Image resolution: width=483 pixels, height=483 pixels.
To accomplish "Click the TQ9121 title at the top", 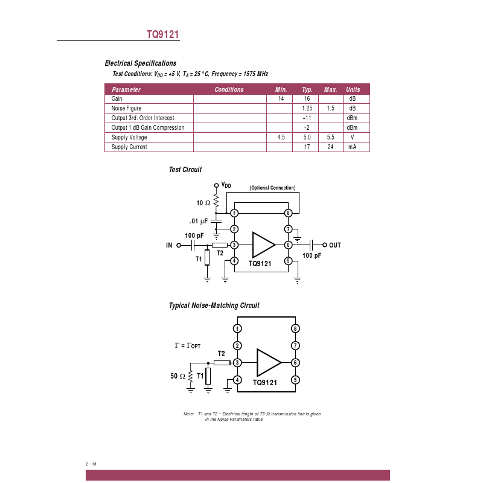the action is tap(162, 34).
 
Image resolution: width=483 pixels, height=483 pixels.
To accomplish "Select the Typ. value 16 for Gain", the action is tap(307, 98).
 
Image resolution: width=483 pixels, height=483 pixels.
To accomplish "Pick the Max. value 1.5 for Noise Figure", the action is tap(330, 108).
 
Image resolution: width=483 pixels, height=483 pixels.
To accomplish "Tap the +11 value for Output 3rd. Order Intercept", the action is tap(307, 118).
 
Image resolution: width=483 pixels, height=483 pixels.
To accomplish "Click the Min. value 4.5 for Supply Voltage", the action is tap(281, 137).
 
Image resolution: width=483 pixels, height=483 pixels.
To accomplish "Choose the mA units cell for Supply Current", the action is tap(352, 147).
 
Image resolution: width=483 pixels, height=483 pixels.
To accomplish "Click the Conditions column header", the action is tap(229, 89).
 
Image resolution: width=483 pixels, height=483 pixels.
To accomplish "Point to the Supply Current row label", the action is tap(129, 147).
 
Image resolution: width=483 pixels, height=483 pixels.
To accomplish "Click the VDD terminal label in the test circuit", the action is tap(226, 185).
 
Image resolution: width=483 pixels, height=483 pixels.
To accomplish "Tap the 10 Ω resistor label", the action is tap(203, 203).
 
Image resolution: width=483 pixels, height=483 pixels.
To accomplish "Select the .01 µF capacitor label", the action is tap(199, 221).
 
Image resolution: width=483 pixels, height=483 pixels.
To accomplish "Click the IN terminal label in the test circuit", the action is tap(169, 245).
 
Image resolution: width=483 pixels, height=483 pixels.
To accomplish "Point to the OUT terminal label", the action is tap(335, 245).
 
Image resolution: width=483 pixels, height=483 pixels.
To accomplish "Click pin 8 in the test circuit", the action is tap(289, 213).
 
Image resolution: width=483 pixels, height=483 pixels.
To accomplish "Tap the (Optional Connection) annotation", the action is tap(272, 188).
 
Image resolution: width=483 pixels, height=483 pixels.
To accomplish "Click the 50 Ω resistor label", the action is tap(178, 376).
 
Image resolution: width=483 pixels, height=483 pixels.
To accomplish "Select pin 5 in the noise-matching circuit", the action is tap(295, 380).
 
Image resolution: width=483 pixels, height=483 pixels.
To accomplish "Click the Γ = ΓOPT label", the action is tap(188, 345).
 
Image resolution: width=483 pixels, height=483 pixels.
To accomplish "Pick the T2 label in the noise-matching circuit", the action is tap(221, 354).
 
